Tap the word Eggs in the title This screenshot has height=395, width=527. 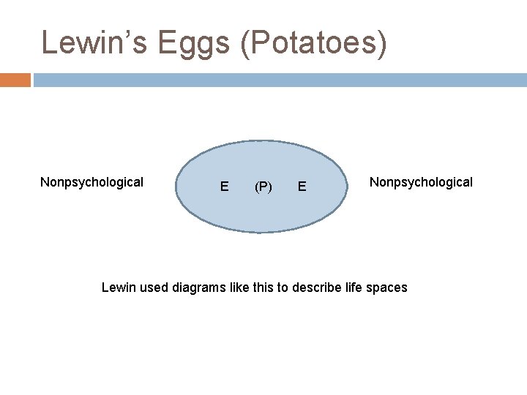(x=193, y=43)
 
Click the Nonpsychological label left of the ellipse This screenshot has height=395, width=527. (x=91, y=182)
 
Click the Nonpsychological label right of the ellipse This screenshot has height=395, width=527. (x=421, y=181)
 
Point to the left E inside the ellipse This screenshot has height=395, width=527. (x=224, y=187)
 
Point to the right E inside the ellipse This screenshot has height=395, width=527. (x=302, y=187)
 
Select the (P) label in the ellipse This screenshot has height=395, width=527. (x=263, y=187)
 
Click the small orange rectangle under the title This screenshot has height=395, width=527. (x=15, y=80)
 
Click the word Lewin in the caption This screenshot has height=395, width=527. (x=118, y=287)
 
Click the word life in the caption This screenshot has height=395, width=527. (x=355, y=287)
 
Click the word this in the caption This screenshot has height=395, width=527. (x=266, y=287)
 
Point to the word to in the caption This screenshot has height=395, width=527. (x=285, y=287)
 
